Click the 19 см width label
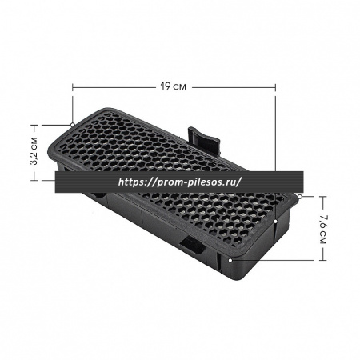pyautogui.click(x=173, y=86)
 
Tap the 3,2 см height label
pyautogui.click(x=34, y=151)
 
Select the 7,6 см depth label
pyautogui.click(x=322, y=229)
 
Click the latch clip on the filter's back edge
pyautogui.click(x=204, y=141)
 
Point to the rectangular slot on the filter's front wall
pyautogui.click(x=193, y=244)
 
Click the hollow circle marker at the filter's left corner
pyautogui.click(x=73, y=125)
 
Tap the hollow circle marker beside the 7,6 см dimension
pyautogui.click(x=300, y=197)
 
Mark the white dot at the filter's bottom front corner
pyautogui.click(x=230, y=259)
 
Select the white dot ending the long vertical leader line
pyautogui.click(x=275, y=221)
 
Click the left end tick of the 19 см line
pyautogui.click(x=73, y=87)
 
